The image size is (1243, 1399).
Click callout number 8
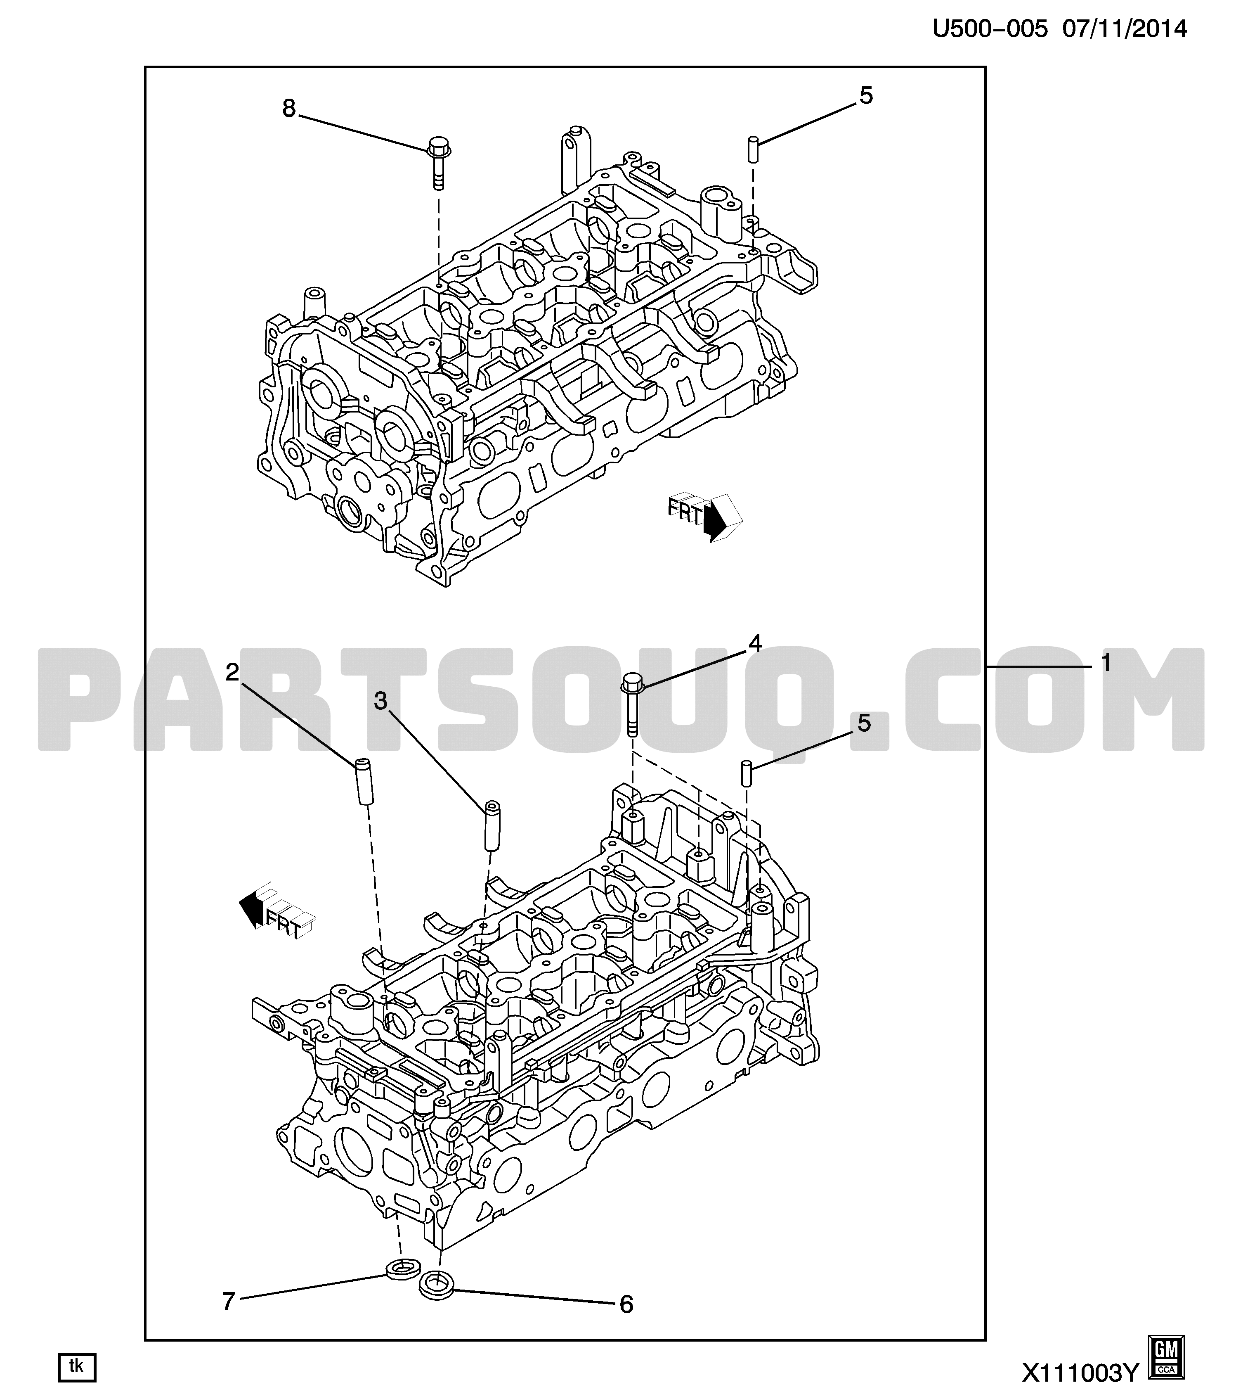tap(289, 108)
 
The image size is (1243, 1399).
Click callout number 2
tap(233, 672)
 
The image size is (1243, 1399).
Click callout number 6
tap(626, 1304)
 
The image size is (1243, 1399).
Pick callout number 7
tap(229, 1300)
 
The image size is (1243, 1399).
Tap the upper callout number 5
tap(866, 96)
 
